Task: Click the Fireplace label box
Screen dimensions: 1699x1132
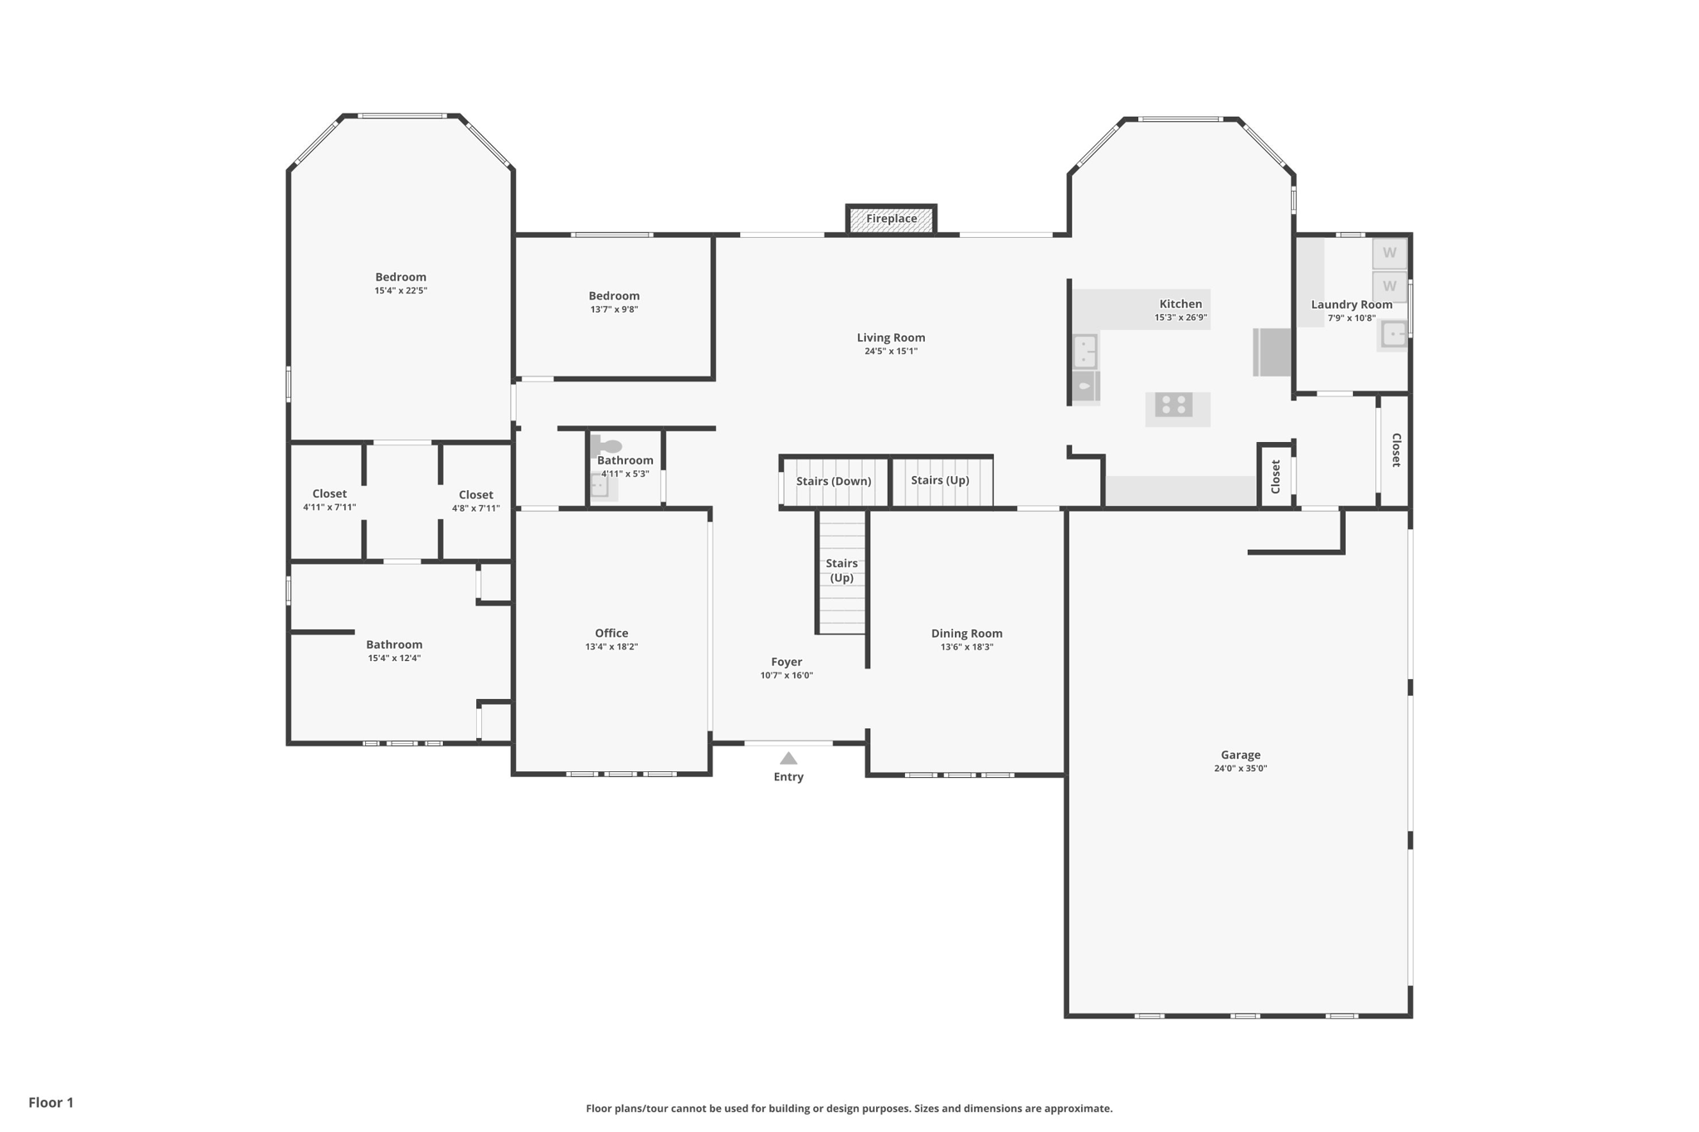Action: point(891,219)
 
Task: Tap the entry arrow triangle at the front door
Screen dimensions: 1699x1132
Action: point(788,758)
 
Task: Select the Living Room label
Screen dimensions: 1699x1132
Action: point(891,338)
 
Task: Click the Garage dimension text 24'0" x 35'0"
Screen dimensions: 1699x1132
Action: point(1240,769)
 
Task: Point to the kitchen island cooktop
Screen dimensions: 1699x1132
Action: point(1174,405)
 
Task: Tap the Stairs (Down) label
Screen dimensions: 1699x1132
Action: point(834,481)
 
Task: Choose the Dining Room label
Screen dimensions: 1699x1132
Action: point(966,634)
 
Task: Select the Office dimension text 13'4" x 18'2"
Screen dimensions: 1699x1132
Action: point(611,647)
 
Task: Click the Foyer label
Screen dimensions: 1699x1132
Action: point(786,662)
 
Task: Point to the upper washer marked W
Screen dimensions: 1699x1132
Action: point(1390,253)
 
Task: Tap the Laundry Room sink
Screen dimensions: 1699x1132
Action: point(1394,334)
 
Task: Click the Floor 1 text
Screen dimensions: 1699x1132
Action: point(51,1102)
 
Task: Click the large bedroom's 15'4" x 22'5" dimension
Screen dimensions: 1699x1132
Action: point(401,291)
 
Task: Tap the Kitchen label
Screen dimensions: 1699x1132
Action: point(1181,304)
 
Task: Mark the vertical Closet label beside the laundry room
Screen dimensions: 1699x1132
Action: point(1396,450)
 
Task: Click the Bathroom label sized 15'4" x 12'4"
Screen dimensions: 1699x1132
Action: point(394,644)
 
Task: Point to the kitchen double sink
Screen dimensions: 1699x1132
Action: point(1085,352)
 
